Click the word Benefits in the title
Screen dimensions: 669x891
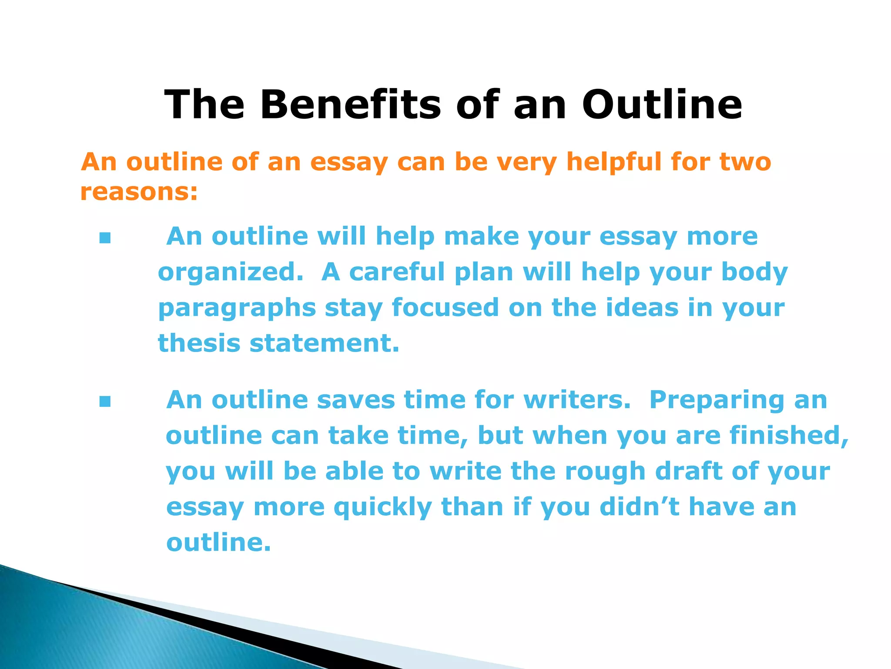pos(350,105)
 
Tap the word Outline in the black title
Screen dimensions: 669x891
pos(662,105)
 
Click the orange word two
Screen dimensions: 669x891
pos(745,162)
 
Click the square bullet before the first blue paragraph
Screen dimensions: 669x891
pos(105,238)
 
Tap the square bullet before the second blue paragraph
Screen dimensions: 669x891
pos(105,401)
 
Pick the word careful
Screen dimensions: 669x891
pos(397,272)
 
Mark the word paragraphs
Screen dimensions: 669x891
pos(237,309)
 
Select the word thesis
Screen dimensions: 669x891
pos(199,343)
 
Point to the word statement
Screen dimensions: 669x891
pos(324,343)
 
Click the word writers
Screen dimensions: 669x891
pos(577,400)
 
